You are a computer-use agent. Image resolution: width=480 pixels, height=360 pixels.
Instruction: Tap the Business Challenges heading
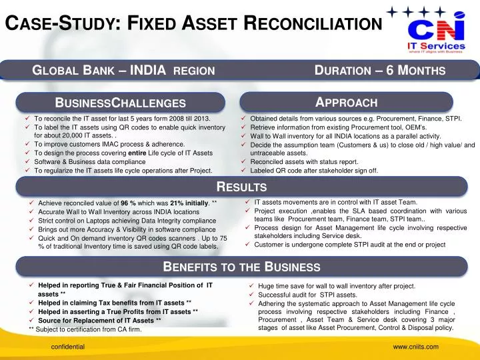coord(121,103)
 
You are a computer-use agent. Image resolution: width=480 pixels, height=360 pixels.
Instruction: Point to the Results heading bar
coord(239,187)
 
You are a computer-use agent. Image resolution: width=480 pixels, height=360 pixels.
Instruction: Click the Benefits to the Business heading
coord(242,267)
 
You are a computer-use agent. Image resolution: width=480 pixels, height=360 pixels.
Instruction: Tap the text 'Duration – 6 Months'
coord(379,70)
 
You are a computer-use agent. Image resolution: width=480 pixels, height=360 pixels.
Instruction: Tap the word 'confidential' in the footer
coord(69,347)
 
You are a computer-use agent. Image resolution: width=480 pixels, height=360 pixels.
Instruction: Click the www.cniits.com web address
coord(415,347)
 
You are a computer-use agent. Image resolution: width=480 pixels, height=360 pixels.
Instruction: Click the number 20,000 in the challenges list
coord(72,135)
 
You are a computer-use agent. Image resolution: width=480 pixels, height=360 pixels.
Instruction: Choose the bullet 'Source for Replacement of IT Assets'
coord(99,321)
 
